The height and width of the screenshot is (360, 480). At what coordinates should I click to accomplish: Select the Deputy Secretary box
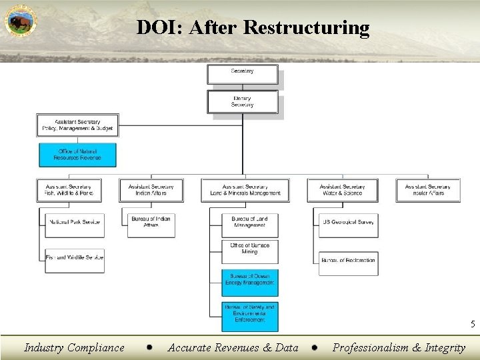click(242, 101)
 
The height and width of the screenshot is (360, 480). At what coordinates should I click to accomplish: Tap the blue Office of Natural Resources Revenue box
click(77, 155)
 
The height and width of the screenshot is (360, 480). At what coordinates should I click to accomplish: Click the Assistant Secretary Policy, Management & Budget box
click(77, 125)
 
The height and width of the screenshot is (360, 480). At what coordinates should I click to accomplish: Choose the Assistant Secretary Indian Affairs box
click(151, 190)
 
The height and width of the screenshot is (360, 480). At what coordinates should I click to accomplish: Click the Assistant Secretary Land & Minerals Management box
click(245, 190)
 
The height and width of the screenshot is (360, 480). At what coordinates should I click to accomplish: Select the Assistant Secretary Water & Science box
click(342, 190)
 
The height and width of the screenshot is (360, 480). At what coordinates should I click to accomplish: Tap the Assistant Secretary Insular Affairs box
click(428, 190)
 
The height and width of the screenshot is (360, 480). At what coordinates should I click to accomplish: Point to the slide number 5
click(472, 325)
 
